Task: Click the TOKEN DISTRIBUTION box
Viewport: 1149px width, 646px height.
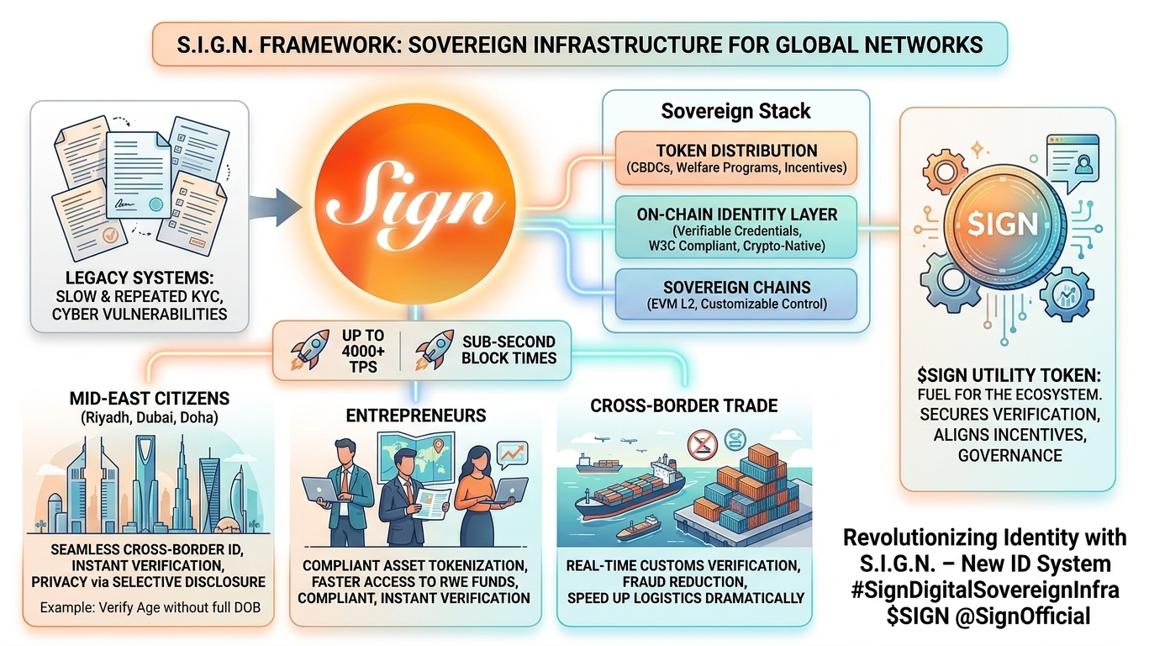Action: click(735, 159)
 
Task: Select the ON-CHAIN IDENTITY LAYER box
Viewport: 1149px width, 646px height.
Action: click(735, 226)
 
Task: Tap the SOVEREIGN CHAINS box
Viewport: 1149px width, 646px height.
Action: click(735, 294)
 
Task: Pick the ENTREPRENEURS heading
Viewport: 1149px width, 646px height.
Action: click(415, 416)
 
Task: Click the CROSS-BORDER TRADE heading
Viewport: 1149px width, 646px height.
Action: click(683, 405)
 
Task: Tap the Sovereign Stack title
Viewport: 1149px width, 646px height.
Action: click(735, 111)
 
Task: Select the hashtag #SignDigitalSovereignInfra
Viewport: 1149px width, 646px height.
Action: click(984, 590)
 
